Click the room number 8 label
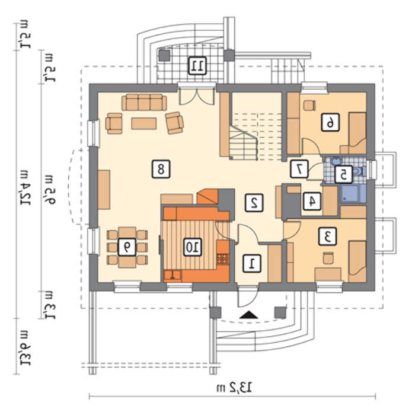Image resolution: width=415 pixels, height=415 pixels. point(161,169)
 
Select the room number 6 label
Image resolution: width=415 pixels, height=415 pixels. point(330,122)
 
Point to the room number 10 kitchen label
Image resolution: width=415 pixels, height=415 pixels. point(193,247)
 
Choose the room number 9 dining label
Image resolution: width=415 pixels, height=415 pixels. point(127,247)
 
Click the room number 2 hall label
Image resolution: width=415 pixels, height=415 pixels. point(254,203)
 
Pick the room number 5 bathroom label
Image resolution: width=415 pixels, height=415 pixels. point(343,174)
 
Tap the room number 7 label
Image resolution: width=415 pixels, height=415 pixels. point(299,168)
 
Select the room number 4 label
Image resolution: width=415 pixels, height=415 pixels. point(312,201)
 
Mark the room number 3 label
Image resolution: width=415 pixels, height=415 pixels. point(328,236)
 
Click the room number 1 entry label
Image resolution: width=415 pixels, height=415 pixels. point(252,264)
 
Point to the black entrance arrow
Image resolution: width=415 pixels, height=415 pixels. point(248,315)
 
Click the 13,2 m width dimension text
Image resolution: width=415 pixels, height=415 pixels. point(234,388)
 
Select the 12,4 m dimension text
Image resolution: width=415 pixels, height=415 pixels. point(25,188)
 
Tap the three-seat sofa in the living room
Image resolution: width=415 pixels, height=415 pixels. point(144,102)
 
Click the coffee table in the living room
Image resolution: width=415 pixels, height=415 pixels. point(144,123)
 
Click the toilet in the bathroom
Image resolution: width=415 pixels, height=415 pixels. point(359,171)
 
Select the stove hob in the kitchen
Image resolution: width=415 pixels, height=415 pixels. point(223,259)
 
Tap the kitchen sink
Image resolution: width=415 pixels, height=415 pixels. point(173,276)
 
